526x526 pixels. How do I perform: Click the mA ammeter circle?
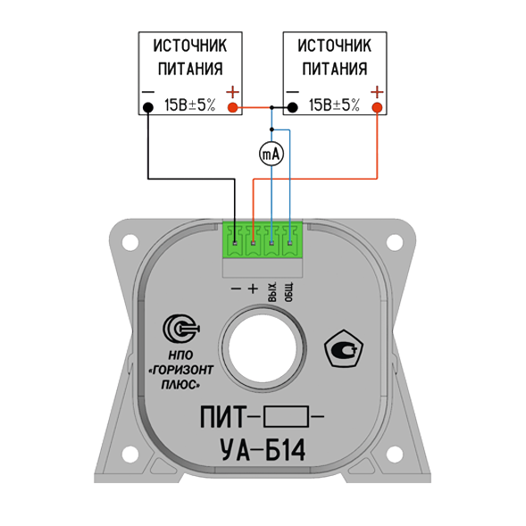[271, 154]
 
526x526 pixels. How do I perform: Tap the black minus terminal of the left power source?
[148, 107]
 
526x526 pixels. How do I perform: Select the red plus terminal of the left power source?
[232, 107]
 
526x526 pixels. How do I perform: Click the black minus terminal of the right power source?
[293, 107]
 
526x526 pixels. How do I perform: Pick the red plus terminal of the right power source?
[377, 107]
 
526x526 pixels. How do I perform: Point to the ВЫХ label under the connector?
[272, 292]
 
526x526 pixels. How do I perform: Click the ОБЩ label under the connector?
[289, 292]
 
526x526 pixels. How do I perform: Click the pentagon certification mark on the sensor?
[344, 348]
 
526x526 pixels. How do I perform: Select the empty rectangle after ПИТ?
[286, 416]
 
